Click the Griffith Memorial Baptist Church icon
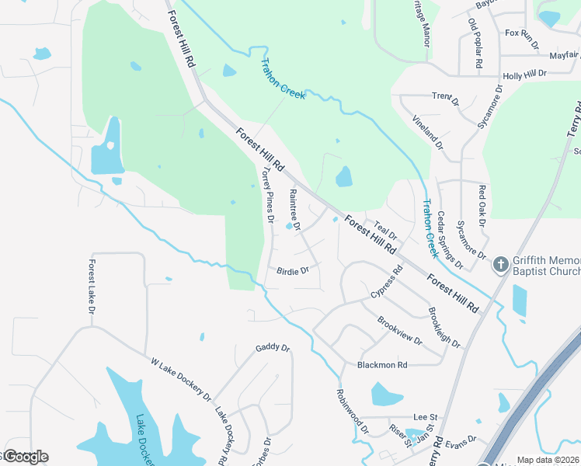tap(501, 265)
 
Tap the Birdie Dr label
tap(293, 271)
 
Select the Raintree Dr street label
tap(294, 208)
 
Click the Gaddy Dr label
tap(273, 348)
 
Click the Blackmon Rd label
tap(382, 364)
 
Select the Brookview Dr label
tap(400, 331)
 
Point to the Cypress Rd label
tap(387, 282)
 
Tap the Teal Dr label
tap(386, 230)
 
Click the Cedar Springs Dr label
tap(450, 240)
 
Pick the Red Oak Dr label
tap(482, 206)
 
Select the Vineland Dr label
tap(427, 132)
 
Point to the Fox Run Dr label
tap(521, 33)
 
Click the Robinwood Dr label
tap(352, 411)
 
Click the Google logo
tap(25, 457)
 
